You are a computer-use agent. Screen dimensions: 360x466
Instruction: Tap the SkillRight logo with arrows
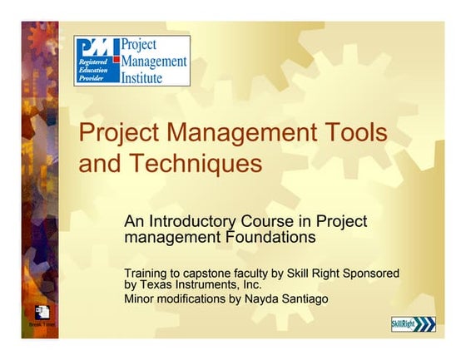[414, 324]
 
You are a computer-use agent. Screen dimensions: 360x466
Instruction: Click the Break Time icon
[42, 314]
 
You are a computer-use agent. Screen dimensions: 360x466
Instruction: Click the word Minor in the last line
[139, 298]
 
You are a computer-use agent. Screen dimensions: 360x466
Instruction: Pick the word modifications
[191, 298]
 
